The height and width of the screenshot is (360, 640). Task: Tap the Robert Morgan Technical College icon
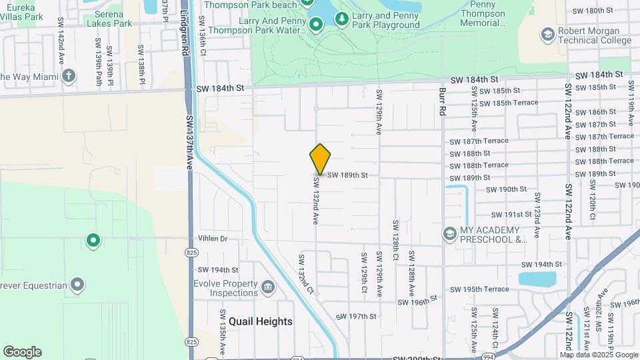(548, 34)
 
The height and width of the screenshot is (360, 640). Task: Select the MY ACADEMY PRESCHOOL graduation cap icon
(451, 234)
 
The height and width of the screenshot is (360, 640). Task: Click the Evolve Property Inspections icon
(268, 287)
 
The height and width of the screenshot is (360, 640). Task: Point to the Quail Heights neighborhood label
(261, 321)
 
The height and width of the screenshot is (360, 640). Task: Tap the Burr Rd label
(442, 102)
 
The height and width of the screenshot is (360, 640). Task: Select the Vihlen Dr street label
(213, 238)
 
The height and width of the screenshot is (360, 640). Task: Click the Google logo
(22, 352)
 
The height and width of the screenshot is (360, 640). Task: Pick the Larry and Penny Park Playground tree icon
(342, 19)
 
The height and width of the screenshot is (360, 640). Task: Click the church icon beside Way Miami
(69, 75)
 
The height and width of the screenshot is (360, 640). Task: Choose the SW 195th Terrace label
(479, 289)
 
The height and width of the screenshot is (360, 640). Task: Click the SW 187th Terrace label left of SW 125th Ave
(479, 141)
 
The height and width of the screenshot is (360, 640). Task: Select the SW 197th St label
(356, 316)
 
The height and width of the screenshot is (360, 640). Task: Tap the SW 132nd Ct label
(306, 274)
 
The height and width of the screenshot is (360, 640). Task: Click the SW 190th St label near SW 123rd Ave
(507, 189)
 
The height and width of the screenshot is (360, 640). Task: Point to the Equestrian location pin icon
(78, 286)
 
